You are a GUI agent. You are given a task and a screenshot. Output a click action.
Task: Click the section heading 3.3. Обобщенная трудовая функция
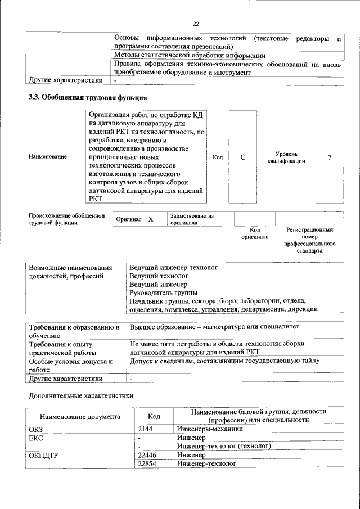(x=88, y=97)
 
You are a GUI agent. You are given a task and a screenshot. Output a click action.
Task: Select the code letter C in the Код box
(x=243, y=157)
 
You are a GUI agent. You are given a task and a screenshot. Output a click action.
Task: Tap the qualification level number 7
(x=329, y=157)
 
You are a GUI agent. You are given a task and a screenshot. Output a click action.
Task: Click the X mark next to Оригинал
(x=151, y=219)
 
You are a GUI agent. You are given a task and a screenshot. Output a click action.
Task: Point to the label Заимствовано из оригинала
(x=192, y=219)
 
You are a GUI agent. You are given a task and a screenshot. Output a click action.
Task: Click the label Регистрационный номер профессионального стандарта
(x=309, y=240)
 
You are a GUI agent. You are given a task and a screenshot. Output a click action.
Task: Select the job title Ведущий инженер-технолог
(x=173, y=268)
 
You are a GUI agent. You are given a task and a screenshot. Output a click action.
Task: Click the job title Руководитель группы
(x=163, y=292)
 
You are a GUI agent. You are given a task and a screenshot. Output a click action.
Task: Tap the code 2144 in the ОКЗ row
(x=146, y=429)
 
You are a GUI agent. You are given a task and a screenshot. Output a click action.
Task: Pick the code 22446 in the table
(x=147, y=454)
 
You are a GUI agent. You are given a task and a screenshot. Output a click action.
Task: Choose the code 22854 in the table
(x=147, y=463)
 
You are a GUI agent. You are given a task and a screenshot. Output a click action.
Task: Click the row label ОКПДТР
(x=44, y=455)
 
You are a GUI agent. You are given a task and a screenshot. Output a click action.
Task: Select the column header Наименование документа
(x=79, y=417)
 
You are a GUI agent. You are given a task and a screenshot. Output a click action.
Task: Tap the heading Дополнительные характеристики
(x=81, y=395)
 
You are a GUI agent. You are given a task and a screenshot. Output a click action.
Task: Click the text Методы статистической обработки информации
(x=190, y=55)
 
